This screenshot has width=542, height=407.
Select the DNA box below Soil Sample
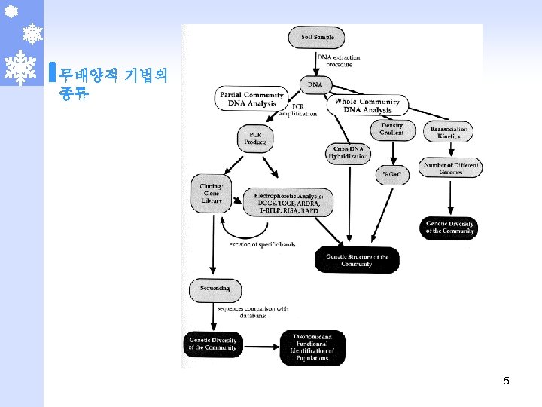[314, 84]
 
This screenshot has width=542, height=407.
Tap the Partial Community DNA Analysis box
[251, 99]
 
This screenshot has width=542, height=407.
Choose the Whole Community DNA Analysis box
[367, 106]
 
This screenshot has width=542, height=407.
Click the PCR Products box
[255, 138]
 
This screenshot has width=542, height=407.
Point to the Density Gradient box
[391, 129]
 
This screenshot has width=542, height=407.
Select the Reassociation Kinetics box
[449, 133]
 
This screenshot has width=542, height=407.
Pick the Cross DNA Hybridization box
[349, 153]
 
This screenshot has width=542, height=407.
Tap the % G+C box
[390, 174]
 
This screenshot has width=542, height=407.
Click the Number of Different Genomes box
[451, 168]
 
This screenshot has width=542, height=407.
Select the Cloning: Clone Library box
[212, 193]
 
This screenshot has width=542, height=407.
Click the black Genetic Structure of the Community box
[357, 260]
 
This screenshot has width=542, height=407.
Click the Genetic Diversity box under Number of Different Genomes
[449, 228]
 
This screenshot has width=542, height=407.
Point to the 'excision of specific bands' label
[262, 244]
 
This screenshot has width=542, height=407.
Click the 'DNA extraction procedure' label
[338, 60]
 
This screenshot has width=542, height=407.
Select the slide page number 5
[507, 381]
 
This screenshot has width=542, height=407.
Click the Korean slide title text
[114, 84]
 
